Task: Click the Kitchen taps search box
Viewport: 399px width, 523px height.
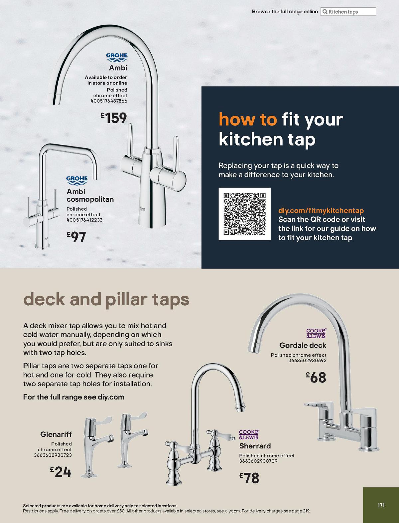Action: (348, 12)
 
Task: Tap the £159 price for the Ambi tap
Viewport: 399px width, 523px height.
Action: (114, 118)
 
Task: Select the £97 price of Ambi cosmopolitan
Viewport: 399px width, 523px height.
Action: (76, 237)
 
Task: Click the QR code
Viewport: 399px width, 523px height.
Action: (244, 214)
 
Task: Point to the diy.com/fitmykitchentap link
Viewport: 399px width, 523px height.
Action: (321, 210)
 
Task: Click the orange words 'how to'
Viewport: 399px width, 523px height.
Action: (248, 120)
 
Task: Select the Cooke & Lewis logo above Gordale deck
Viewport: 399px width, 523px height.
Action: (316, 333)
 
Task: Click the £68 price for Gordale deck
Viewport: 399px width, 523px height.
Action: (316, 378)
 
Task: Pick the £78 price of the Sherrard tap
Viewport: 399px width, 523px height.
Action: (249, 478)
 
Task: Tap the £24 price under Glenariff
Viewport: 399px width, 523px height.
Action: (61, 472)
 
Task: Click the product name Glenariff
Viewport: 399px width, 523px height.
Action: (56, 434)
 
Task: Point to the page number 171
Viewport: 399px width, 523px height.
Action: (381, 505)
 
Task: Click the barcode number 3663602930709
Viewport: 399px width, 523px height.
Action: (258, 461)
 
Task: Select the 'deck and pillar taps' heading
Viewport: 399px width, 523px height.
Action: (106, 299)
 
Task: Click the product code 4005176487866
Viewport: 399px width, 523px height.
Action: (109, 101)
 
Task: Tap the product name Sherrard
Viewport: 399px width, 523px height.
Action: (255, 446)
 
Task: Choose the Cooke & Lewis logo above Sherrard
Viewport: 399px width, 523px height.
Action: (249, 434)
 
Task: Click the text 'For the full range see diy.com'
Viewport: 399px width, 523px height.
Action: (73, 397)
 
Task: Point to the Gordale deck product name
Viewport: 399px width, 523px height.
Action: (303, 345)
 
